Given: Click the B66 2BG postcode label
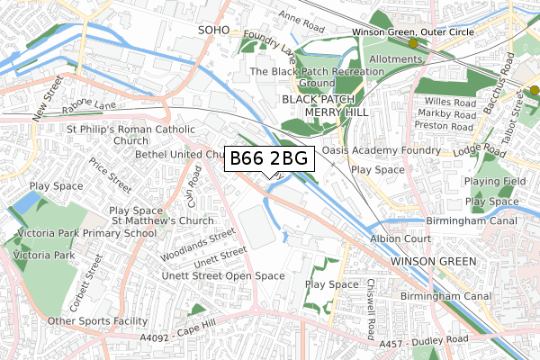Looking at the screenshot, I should (269, 159).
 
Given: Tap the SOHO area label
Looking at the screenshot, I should (214, 31).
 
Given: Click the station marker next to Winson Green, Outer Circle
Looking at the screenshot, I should (413, 42).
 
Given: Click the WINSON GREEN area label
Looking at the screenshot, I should (427, 261).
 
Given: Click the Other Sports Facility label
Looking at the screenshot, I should (97, 321).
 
